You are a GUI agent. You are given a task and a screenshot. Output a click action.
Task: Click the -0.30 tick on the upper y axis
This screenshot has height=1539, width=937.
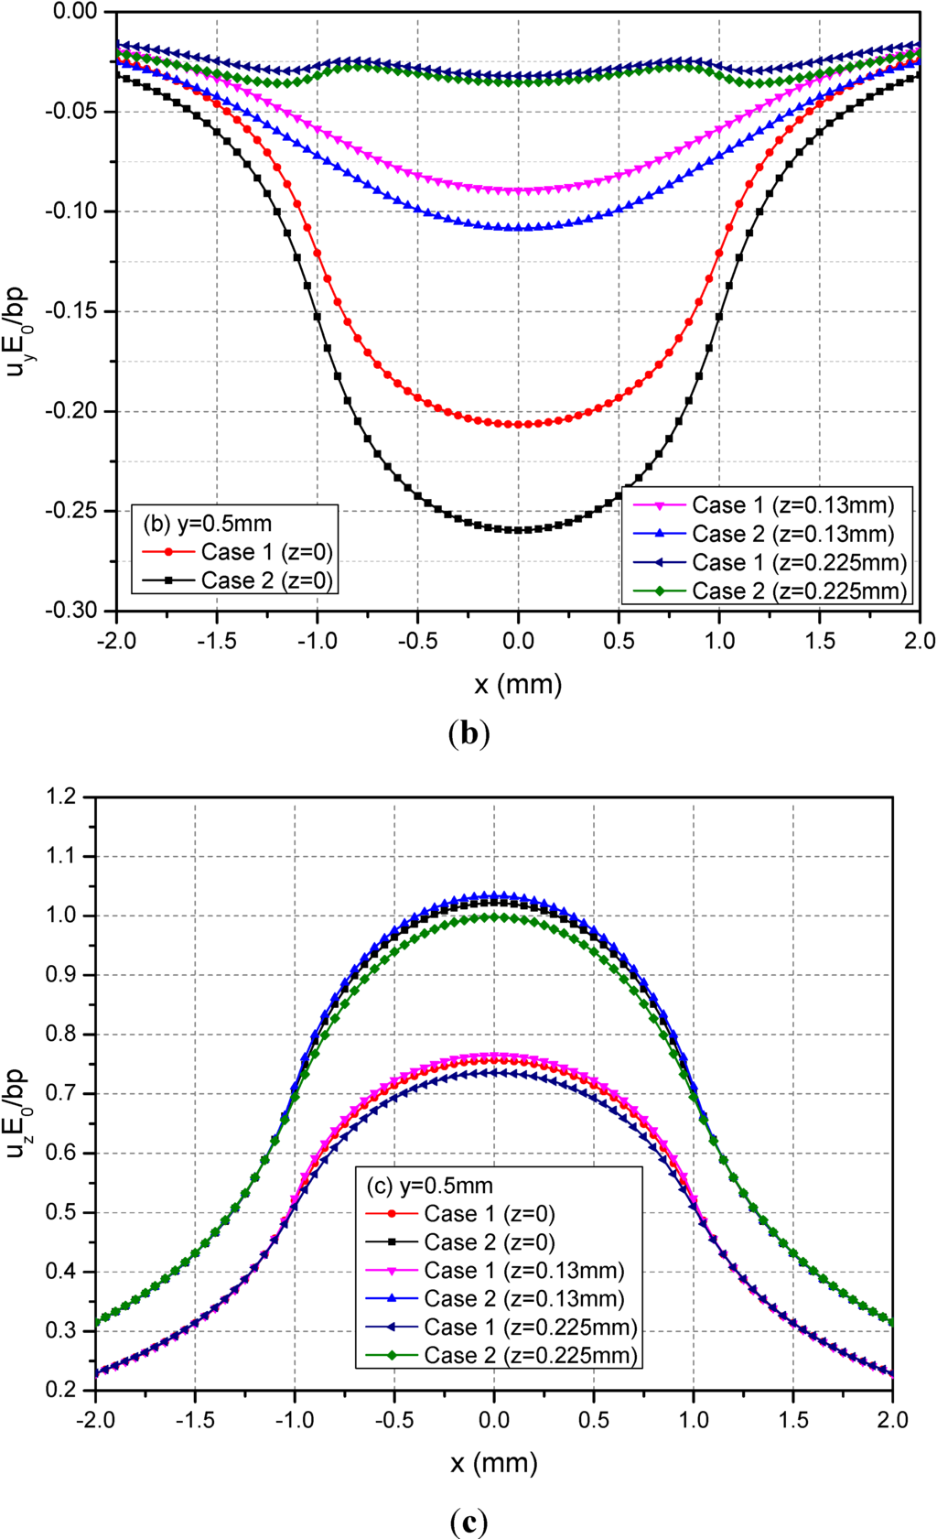pyautogui.click(x=70, y=611)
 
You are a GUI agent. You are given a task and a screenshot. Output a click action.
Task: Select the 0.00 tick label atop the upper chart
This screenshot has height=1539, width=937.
pyautogui.click(x=74, y=12)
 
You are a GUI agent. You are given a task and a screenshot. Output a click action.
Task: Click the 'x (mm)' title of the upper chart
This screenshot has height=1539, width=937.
pyautogui.click(x=518, y=684)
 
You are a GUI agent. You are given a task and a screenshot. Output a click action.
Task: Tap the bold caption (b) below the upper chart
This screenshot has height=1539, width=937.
pyautogui.click(x=469, y=734)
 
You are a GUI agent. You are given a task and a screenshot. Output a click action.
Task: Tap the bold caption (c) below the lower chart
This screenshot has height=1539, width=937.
pyautogui.click(x=469, y=1522)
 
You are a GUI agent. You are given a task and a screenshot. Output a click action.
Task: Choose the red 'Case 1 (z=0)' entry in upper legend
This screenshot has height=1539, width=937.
pyautogui.click(x=266, y=552)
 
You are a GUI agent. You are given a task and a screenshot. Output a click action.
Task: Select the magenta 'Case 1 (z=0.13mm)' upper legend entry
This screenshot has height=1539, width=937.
pyautogui.click(x=792, y=505)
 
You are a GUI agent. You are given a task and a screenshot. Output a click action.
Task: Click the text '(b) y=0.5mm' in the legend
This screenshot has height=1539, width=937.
pyautogui.click(x=208, y=524)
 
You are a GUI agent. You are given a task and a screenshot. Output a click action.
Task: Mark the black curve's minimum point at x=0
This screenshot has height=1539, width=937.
pyautogui.click(x=518, y=530)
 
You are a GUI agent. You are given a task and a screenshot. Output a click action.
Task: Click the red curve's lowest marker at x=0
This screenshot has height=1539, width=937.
pyautogui.click(x=518, y=425)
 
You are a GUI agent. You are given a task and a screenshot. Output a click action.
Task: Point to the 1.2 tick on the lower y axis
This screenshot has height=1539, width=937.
pyautogui.click(x=60, y=797)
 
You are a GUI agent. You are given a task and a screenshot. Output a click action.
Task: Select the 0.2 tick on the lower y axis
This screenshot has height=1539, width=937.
pyautogui.click(x=60, y=1390)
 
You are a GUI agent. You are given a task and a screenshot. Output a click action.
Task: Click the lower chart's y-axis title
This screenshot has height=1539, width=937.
pyautogui.click(x=17, y=1111)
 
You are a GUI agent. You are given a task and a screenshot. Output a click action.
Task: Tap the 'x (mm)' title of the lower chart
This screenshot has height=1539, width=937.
pyautogui.click(x=494, y=1463)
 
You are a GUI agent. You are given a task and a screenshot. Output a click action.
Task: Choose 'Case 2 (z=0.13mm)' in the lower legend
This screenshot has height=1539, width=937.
pyautogui.click(x=524, y=1298)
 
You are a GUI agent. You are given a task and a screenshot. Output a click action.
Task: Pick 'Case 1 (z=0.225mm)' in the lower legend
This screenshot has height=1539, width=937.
pyautogui.click(x=530, y=1327)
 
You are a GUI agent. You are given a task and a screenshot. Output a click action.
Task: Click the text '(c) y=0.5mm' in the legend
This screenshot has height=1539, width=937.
pyautogui.click(x=430, y=1186)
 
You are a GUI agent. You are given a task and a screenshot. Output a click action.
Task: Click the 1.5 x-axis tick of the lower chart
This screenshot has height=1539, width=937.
pyautogui.click(x=793, y=1420)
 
